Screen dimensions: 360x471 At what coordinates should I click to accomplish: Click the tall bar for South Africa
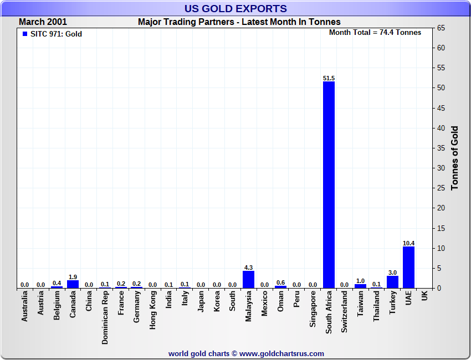click(329, 184)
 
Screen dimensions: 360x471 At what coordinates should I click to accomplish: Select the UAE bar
click(408, 267)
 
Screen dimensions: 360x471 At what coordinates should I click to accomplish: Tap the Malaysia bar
click(248, 279)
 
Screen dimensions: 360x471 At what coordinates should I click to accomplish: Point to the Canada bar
click(73, 284)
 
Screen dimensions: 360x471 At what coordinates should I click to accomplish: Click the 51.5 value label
click(329, 78)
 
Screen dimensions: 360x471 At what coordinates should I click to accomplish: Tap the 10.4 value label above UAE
click(408, 243)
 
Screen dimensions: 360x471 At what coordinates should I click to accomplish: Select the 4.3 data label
click(248, 268)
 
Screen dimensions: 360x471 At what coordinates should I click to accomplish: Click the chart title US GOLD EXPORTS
click(235, 8)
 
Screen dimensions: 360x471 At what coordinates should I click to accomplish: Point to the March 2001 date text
click(43, 22)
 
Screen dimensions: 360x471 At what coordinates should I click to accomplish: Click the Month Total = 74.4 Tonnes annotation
click(375, 33)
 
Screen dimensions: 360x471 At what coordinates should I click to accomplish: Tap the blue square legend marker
click(24, 34)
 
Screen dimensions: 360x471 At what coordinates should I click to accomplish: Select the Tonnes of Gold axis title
click(454, 158)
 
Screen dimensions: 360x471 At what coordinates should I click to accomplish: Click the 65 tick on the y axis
click(442, 28)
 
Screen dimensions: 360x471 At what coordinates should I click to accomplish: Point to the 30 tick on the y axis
click(442, 168)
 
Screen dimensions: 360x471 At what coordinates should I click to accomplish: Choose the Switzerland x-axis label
click(345, 312)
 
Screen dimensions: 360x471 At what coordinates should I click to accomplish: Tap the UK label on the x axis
click(424, 296)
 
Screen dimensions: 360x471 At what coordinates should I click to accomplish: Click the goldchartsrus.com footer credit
click(246, 353)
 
